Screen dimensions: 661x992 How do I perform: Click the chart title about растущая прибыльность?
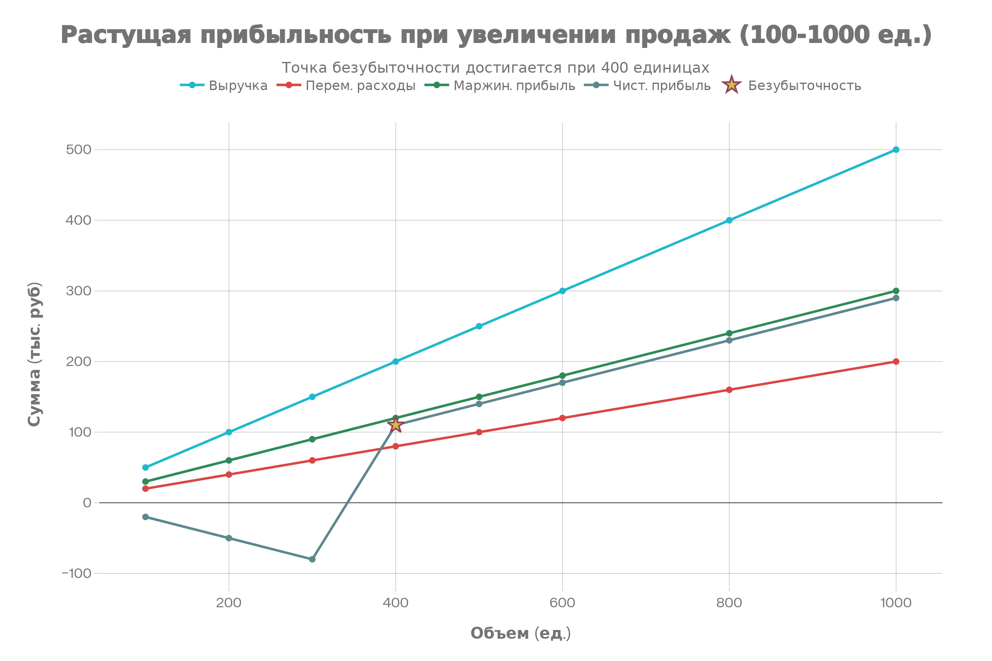point(496,35)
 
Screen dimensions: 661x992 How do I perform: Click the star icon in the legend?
point(732,85)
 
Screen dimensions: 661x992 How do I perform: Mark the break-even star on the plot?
point(396,425)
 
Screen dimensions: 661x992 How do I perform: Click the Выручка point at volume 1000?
point(896,150)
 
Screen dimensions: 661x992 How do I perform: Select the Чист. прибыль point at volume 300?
point(312,559)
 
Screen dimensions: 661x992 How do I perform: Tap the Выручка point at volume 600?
point(562,291)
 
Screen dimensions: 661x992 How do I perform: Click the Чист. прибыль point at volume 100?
point(145,517)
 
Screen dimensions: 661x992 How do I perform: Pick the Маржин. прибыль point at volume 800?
point(729,333)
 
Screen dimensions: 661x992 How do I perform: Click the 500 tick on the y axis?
point(79,150)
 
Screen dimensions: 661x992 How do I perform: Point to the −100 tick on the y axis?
point(76,573)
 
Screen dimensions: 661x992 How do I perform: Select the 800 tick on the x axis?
point(729,603)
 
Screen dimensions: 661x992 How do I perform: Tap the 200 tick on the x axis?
point(229,603)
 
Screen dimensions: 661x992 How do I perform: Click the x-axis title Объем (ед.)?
point(520,633)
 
